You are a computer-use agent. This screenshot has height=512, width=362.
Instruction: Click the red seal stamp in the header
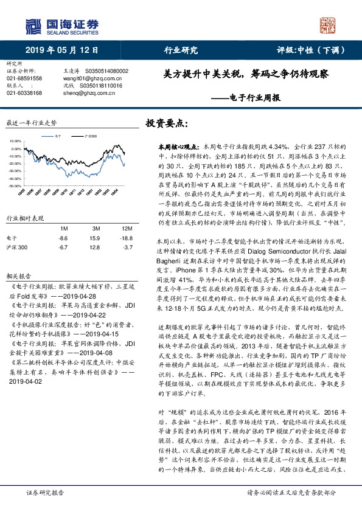[x=330, y=26]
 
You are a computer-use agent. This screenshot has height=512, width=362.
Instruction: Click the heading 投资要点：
[x=165, y=123]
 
